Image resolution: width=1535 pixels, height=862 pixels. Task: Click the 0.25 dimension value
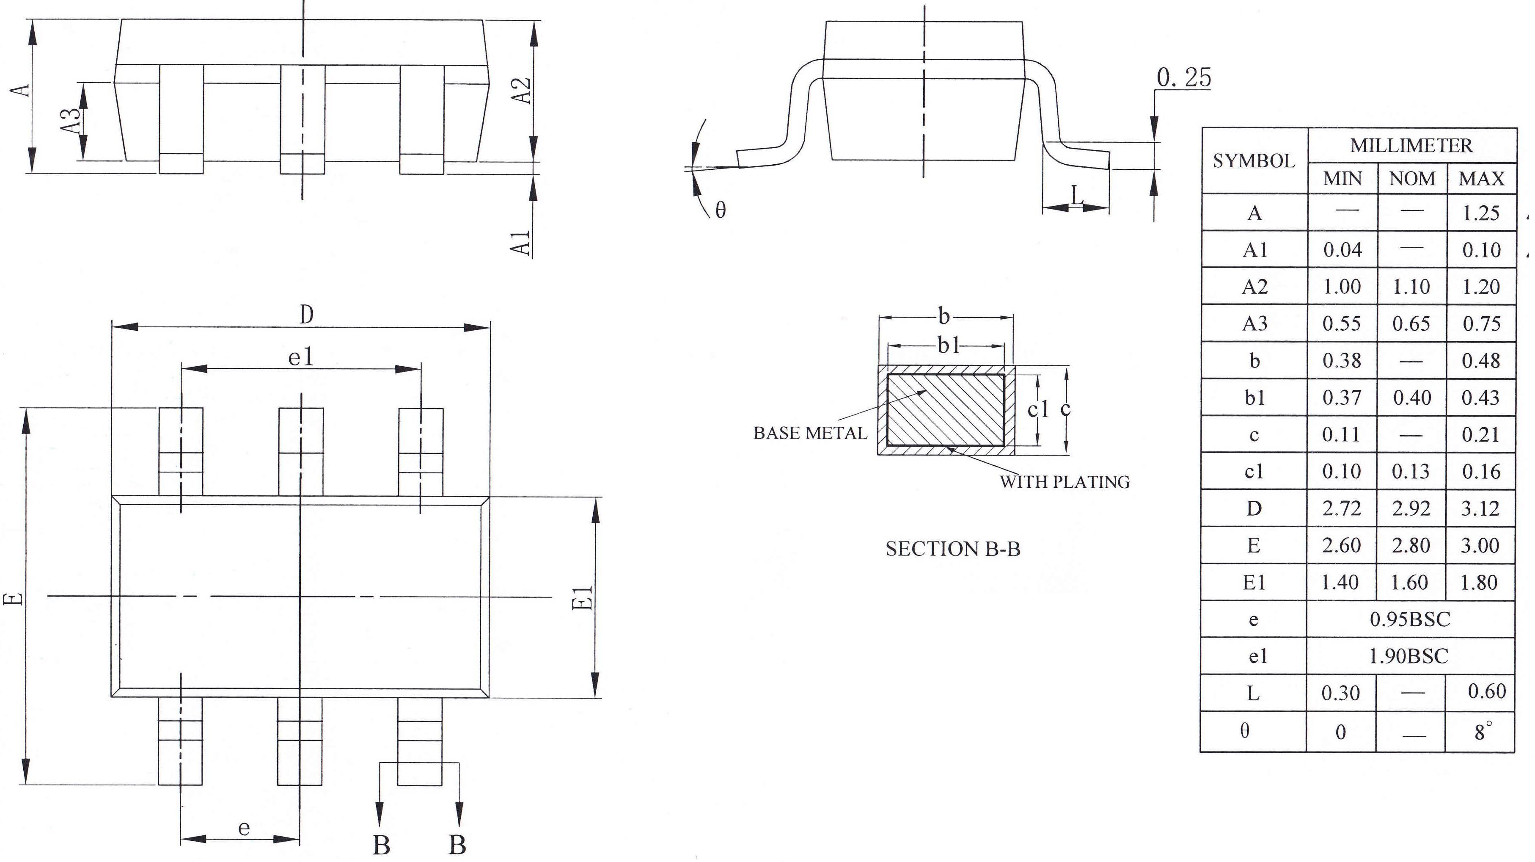coord(1183,77)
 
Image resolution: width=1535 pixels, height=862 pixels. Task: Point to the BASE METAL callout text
coord(810,434)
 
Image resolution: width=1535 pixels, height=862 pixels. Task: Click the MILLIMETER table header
coord(1411,146)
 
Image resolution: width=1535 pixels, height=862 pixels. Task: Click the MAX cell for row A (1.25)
coord(1481,213)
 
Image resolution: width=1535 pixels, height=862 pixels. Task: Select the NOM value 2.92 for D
coord(1411,508)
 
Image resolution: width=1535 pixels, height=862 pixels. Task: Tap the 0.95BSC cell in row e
coord(1410,619)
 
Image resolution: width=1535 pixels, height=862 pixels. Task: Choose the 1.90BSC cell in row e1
coord(1408,656)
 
